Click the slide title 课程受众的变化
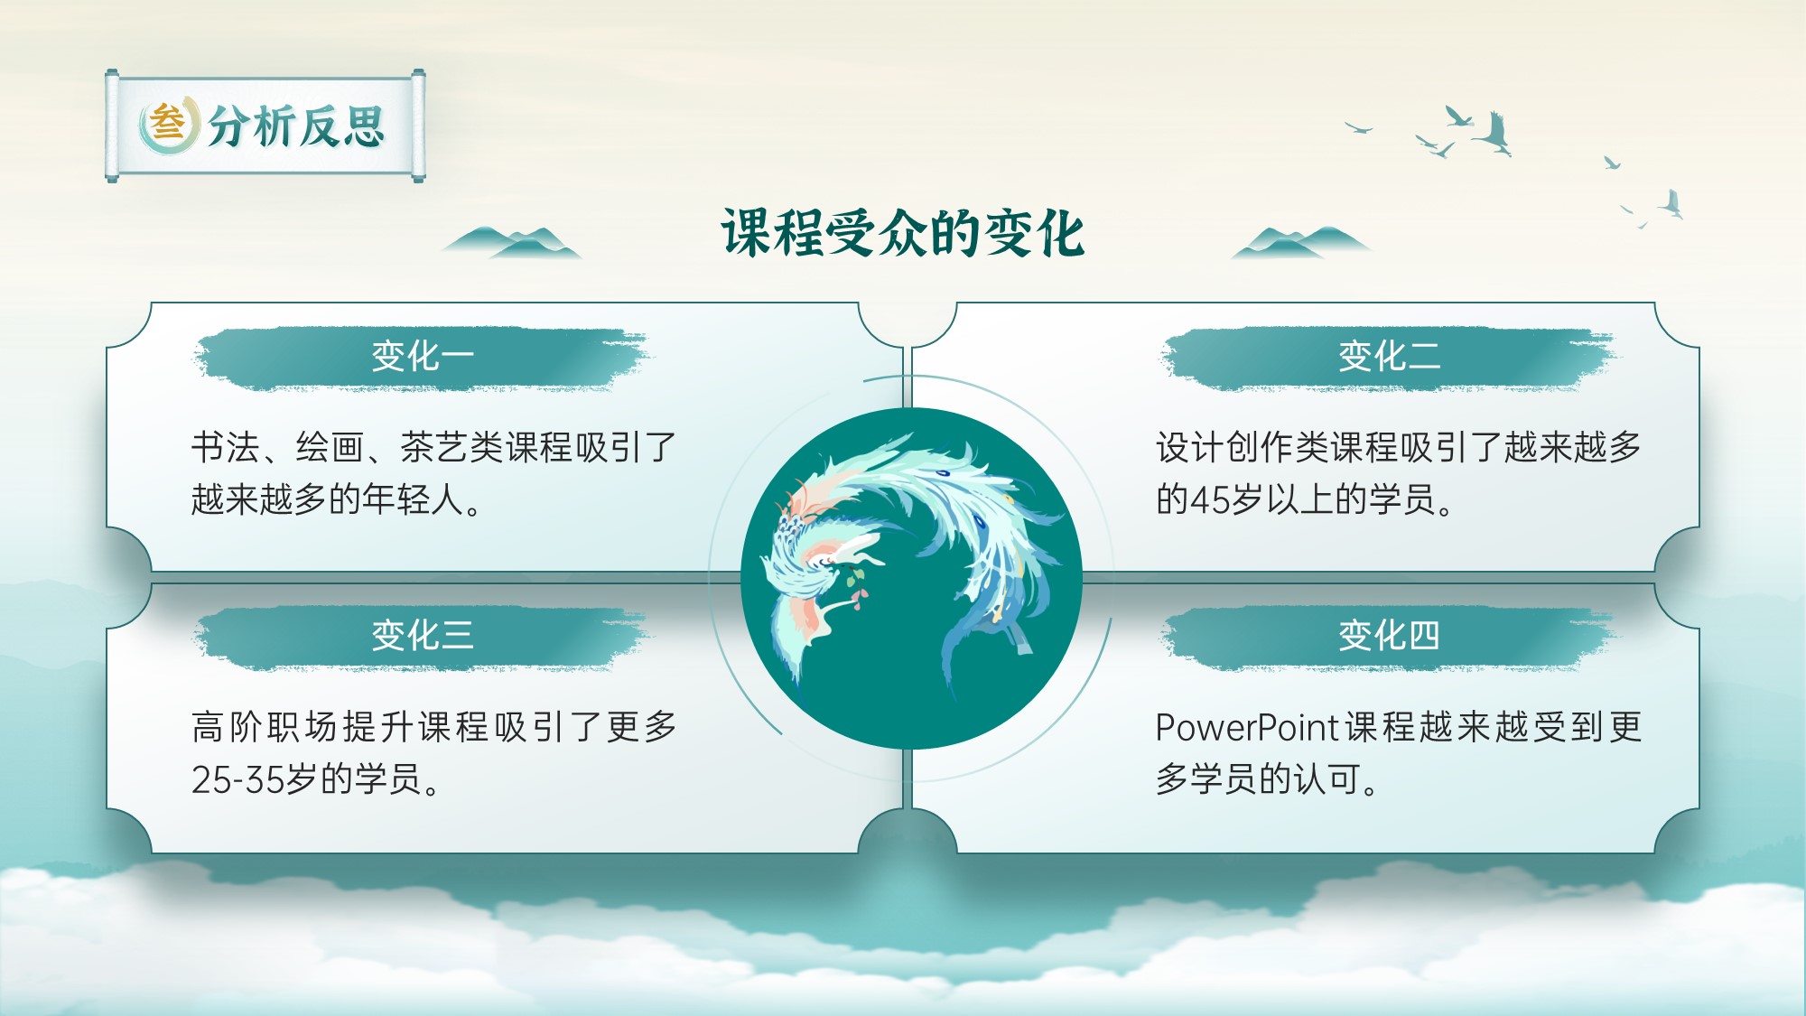click(x=902, y=234)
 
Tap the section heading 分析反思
click(x=297, y=126)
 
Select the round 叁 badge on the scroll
click(x=168, y=124)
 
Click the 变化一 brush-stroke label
click(x=422, y=358)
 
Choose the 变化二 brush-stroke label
click(x=1389, y=358)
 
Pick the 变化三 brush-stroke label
click(x=422, y=637)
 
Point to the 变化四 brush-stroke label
click(x=1389, y=637)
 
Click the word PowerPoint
click(x=1246, y=727)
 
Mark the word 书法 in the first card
click(x=226, y=447)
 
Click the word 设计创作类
click(x=1243, y=447)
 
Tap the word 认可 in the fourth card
click(x=1327, y=779)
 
